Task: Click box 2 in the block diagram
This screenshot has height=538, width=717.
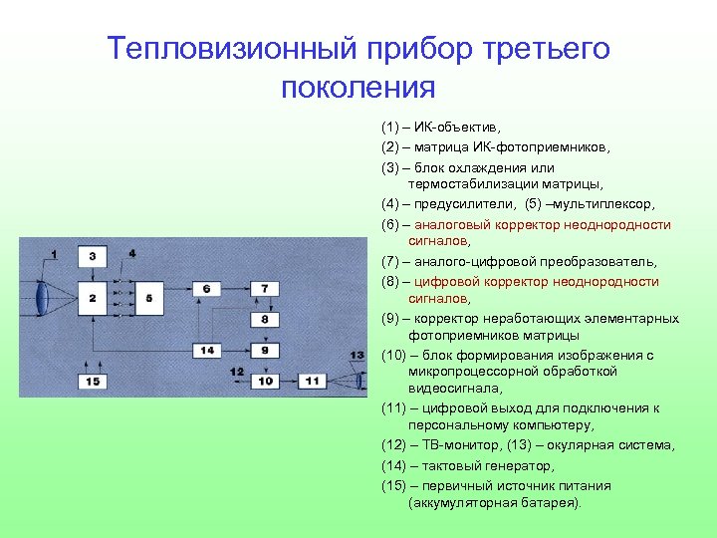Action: pyautogui.click(x=92, y=298)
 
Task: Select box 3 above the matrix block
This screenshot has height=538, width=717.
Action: pyautogui.click(x=92, y=257)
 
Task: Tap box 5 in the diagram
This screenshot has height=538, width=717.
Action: pyautogui.click(x=149, y=298)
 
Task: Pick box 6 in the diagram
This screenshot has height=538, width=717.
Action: pyautogui.click(x=206, y=289)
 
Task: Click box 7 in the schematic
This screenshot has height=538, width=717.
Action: pyautogui.click(x=264, y=289)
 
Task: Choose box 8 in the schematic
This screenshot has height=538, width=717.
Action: pyautogui.click(x=264, y=320)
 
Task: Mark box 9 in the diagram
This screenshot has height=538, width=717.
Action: pyautogui.click(x=264, y=351)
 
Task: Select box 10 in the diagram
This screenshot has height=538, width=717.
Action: pyautogui.click(x=264, y=381)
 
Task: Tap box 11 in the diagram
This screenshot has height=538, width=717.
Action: pyautogui.click(x=312, y=381)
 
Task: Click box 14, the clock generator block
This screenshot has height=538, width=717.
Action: pyautogui.click(x=206, y=351)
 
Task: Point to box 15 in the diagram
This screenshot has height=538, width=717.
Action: pyautogui.click(x=92, y=381)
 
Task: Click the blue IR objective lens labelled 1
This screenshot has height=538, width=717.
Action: pyautogui.click(x=42, y=297)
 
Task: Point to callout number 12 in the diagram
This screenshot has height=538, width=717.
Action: pyautogui.click(x=236, y=372)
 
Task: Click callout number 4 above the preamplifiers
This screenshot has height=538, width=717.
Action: pyautogui.click(x=132, y=254)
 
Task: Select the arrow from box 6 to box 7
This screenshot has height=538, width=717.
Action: pyautogui.click(x=236, y=289)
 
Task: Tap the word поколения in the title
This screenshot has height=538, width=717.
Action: pyautogui.click(x=358, y=87)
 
